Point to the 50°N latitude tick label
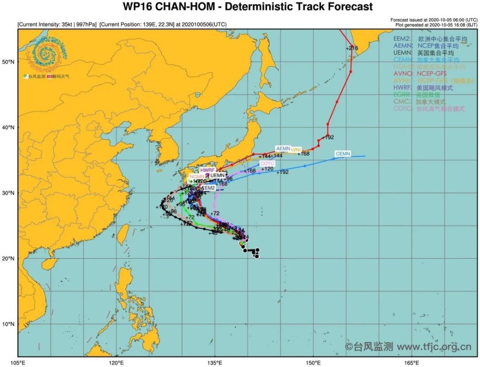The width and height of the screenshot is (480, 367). pos(9,62)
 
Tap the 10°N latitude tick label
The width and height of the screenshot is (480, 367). pos(9,324)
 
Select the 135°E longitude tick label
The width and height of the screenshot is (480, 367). pos(215,362)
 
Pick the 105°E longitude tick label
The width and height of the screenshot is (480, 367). pos(18,362)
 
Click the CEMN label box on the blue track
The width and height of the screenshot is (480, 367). pos(343,154)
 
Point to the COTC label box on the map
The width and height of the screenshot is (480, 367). pos(267,164)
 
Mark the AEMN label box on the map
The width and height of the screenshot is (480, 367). pos(283,149)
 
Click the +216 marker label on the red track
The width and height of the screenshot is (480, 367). pos(352,48)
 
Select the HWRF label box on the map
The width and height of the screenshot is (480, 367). pos(207,170)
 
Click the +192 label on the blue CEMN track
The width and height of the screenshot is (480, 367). pos(283,172)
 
